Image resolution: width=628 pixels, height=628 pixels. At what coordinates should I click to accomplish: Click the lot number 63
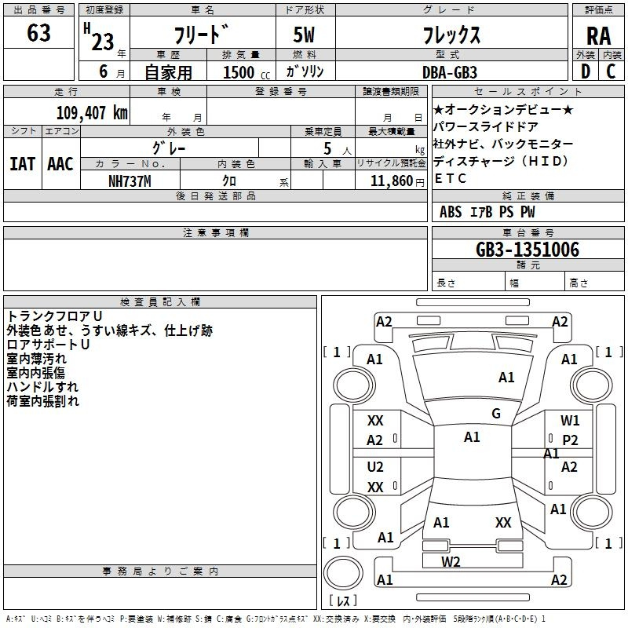tap(38, 33)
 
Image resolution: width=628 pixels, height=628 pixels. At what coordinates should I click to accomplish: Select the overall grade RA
tap(599, 36)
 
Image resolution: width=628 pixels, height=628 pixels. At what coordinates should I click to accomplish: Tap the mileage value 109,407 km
tap(92, 113)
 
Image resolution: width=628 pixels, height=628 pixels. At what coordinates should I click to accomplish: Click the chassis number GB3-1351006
tap(528, 249)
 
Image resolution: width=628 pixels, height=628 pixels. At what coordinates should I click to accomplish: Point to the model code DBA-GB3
tap(450, 72)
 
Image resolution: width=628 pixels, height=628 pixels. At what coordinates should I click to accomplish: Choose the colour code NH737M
tap(130, 181)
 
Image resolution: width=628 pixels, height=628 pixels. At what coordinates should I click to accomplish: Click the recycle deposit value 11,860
tap(392, 181)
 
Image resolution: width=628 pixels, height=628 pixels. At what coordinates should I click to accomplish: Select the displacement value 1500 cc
tap(246, 72)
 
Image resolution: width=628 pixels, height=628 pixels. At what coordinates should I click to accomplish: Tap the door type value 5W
tap(304, 35)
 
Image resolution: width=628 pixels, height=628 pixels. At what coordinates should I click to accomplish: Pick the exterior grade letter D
tap(586, 71)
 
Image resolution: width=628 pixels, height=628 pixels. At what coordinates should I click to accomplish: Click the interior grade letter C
tap(611, 71)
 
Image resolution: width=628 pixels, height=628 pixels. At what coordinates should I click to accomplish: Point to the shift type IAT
tap(23, 164)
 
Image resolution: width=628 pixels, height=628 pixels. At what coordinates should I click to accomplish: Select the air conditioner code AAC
tap(60, 164)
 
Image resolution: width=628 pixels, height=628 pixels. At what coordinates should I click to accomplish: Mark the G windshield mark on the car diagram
tap(496, 414)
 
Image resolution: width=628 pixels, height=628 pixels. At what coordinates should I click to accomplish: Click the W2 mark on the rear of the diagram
tap(451, 562)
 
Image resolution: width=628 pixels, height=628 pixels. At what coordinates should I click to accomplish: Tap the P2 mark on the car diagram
tap(570, 440)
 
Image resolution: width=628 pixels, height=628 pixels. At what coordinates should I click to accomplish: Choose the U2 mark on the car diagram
tap(375, 467)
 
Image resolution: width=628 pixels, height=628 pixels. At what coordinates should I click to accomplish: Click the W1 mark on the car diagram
tap(570, 421)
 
